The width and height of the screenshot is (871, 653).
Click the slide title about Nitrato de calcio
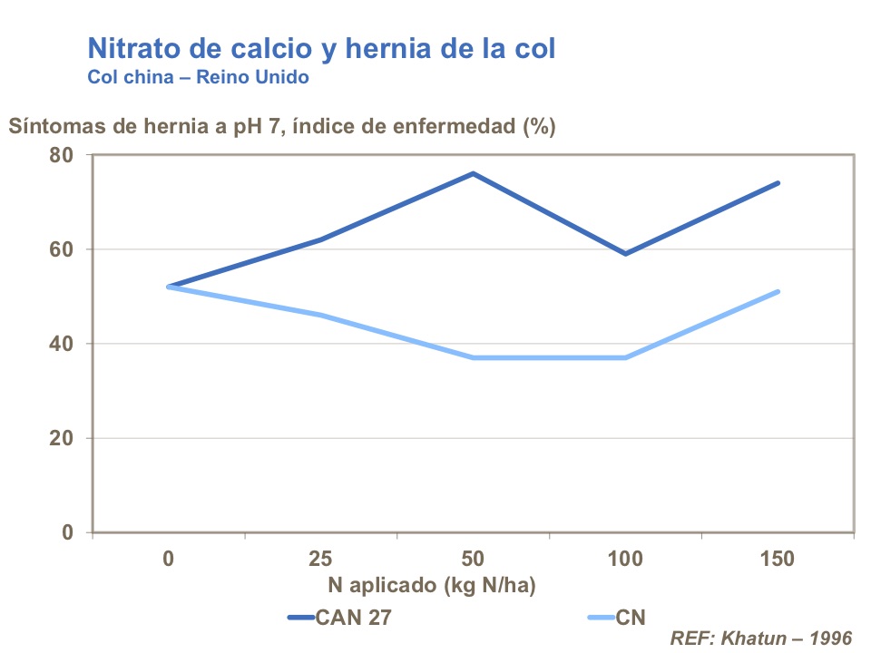320,49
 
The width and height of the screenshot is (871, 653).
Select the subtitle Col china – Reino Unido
198,77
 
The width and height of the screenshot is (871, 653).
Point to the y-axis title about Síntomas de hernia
281,126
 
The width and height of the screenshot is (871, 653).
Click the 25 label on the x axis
320,559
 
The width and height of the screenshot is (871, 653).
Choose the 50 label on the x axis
473,559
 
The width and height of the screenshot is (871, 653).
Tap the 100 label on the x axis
625,559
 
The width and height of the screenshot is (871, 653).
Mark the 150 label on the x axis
778,559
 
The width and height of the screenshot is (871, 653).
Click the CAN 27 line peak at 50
473,173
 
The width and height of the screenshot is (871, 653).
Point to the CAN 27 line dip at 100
625,253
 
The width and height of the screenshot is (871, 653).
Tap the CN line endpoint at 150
778,292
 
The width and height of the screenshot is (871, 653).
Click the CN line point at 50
473,357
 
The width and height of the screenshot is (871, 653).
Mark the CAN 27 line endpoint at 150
778,183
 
